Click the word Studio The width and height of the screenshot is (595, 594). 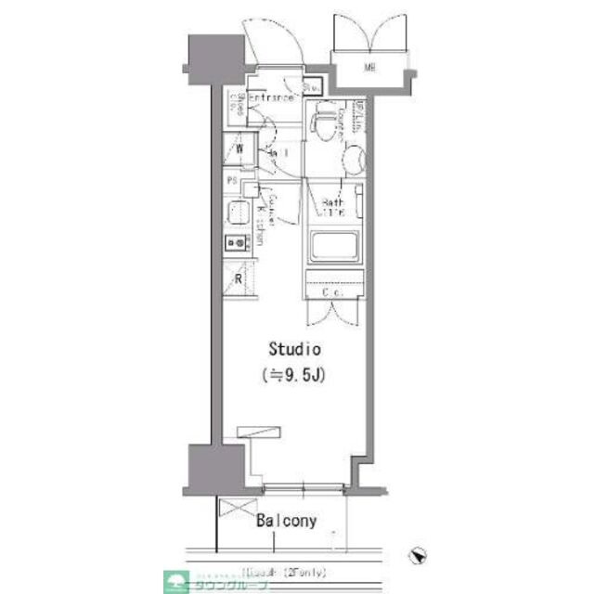click(294, 350)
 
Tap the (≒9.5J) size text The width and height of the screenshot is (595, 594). click(295, 375)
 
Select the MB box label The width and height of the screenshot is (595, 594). click(370, 68)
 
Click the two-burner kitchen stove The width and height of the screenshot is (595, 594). click(235, 244)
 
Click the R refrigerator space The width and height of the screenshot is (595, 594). click(238, 278)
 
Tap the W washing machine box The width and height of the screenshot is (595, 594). click(239, 148)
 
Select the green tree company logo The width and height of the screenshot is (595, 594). click(174, 582)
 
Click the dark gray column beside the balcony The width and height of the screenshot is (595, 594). click(206, 470)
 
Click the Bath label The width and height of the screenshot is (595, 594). click(332, 204)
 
